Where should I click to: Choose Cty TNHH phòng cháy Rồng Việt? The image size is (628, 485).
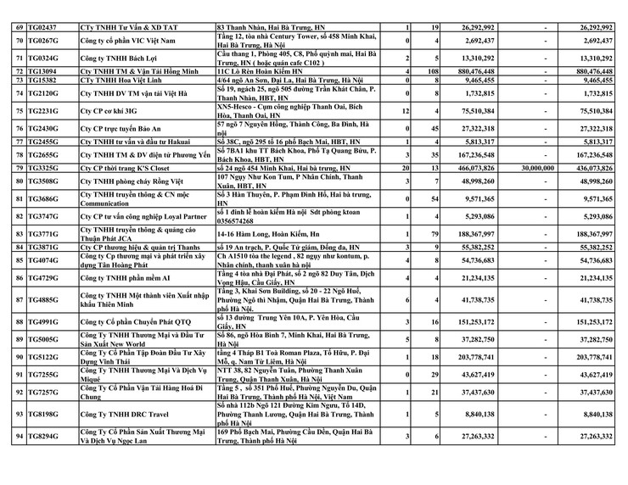[x=131, y=181]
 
